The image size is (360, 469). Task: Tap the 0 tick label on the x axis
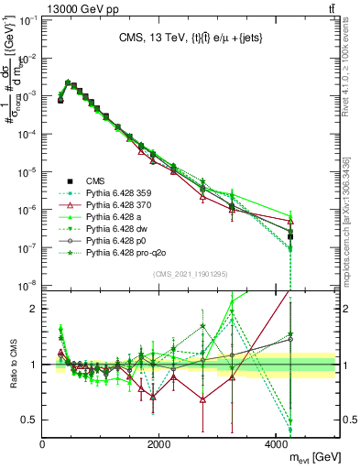click(43, 445)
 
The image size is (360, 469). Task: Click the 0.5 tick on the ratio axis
click(30, 420)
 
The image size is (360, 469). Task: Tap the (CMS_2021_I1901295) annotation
click(191, 274)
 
